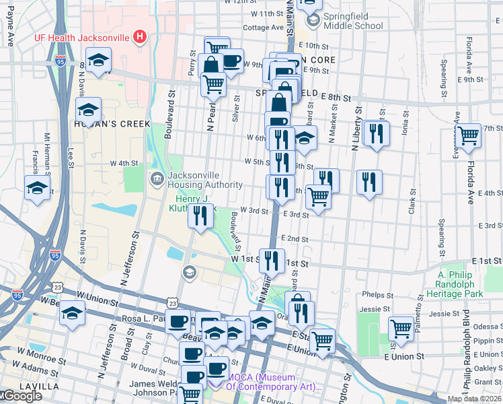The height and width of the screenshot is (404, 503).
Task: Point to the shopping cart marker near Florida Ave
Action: click(x=469, y=135)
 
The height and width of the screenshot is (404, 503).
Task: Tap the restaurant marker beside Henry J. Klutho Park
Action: click(x=200, y=216)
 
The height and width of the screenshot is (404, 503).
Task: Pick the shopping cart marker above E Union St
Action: click(x=323, y=340)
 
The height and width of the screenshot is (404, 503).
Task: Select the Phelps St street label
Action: click(x=377, y=295)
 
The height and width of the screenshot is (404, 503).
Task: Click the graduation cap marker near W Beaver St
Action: click(x=72, y=314)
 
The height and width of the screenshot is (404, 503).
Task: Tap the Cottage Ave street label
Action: click(x=263, y=28)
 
